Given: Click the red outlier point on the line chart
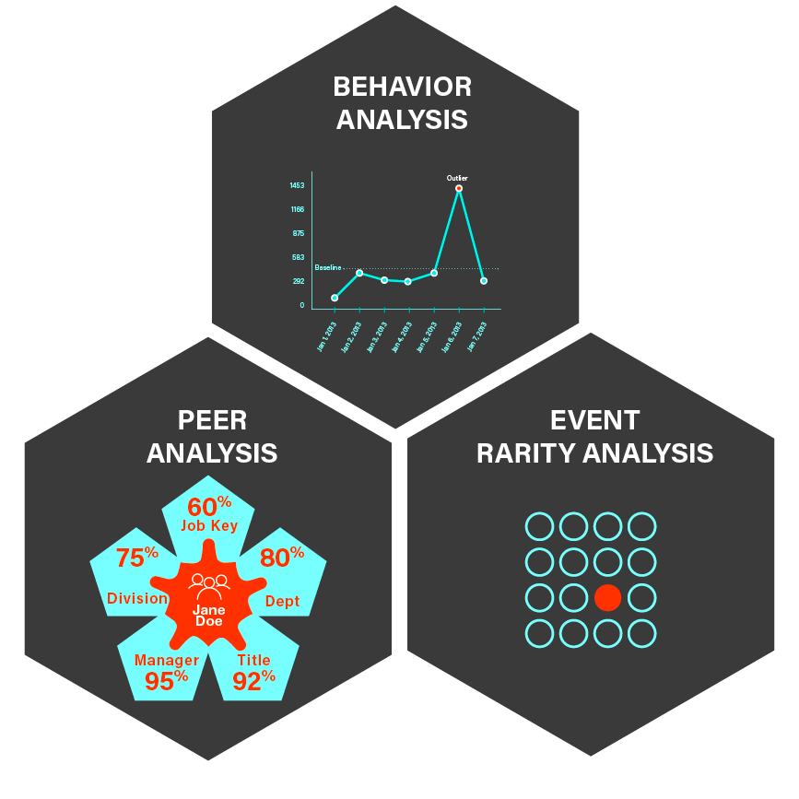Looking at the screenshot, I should (x=459, y=188).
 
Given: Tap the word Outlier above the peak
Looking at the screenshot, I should (x=457, y=178).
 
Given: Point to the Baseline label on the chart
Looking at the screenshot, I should (x=327, y=267).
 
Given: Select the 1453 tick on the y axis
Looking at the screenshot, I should (x=297, y=185).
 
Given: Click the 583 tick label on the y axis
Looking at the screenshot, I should (x=298, y=257).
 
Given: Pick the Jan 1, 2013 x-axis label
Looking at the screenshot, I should (x=326, y=336).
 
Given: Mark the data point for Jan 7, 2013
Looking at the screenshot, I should (x=484, y=280).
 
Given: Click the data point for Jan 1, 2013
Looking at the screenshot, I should (x=335, y=298).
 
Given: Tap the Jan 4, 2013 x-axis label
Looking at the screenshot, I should (x=401, y=336).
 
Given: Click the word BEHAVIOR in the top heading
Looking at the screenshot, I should (x=402, y=88).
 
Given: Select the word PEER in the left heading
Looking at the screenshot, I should (x=212, y=420).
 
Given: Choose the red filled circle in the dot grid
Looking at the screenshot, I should (x=607, y=597).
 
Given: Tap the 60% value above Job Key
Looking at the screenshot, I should (x=209, y=506).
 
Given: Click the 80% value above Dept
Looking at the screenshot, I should (x=282, y=558).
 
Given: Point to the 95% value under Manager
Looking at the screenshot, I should (x=167, y=679).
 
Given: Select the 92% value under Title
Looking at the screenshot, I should (x=254, y=680).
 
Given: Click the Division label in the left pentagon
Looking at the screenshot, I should (x=137, y=599).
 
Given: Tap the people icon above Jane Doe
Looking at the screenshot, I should (x=209, y=582).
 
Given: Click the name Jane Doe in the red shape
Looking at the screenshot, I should (x=209, y=616).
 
